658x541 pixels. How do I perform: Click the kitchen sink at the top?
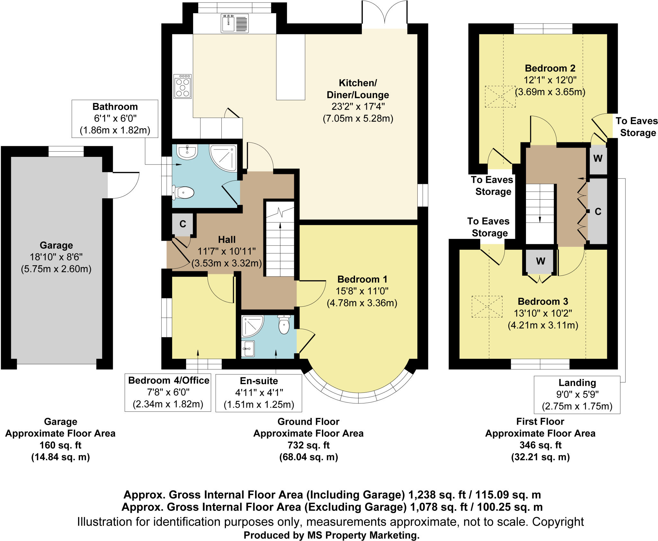[234, 23]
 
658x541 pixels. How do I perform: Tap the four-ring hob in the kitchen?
[182, 86]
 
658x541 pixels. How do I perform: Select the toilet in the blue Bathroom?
[183, 193]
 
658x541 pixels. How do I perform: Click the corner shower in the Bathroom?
[223, 158]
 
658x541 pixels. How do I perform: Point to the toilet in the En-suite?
[284, 324]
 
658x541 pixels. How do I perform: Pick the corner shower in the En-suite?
[253, 326]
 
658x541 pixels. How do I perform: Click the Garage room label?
[56, 245]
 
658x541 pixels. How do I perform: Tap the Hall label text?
[227, 239]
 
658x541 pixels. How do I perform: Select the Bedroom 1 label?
[362, 279]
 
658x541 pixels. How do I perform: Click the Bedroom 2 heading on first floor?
[550, 68]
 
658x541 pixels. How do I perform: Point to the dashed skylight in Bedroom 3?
[487, 307]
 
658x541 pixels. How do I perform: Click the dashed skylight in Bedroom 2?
[500, 96]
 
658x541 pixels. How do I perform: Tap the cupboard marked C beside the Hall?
[182, 224]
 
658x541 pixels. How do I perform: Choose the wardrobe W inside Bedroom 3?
[540, 261]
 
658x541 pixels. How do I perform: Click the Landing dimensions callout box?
[577, 394]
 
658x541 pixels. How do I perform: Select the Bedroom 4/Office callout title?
[169, 380]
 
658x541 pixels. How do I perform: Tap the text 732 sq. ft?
[308, 445]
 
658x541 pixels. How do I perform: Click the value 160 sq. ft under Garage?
[60, 445]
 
